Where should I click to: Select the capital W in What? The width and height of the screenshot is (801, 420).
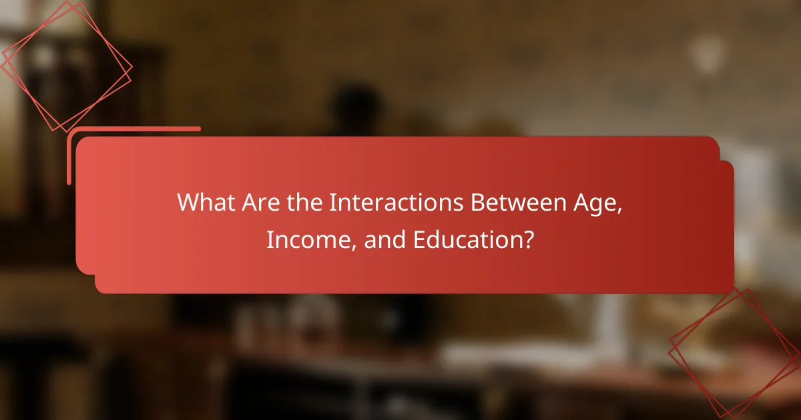(x=187, y=203)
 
